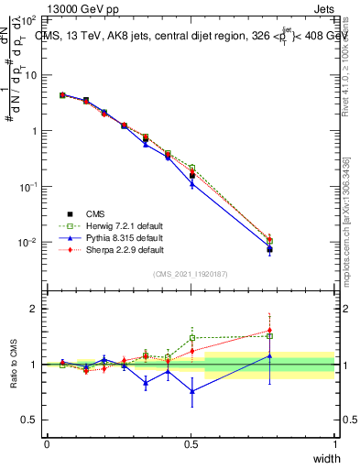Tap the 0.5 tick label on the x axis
pyautogui.click(x=191, y=444)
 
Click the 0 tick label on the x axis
pyautogui.click(x=47, y=444)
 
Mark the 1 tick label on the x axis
pyautogui.click(x=334, y=444)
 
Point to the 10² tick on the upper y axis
pyautogui.click(x=28, y=18)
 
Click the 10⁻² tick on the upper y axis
pyautogui.click(x=28, y=243)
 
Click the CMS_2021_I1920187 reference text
pyautogui.click(x=191, y=274)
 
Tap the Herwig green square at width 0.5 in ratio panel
pyautogui.click(x=191, y=337)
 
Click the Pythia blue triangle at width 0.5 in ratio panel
pyautogui.click(x=191, y=391)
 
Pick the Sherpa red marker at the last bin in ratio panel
pyautogui.click(x=269, y=331)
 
